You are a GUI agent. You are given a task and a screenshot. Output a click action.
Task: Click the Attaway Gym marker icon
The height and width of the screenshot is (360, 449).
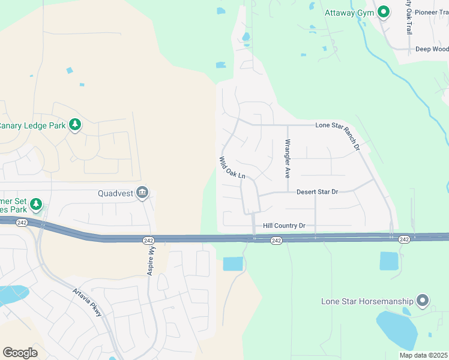[x=383, y=12]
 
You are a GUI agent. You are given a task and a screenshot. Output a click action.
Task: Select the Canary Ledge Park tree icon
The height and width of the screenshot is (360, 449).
[x=75, y=125]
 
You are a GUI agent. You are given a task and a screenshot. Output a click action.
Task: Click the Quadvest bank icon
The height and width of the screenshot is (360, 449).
[x=143, y=193]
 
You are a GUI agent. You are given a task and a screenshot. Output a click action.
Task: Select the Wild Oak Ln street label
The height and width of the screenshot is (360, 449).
[x=232, y=168]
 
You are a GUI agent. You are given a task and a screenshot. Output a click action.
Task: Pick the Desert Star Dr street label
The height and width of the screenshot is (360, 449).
[x=318, y=191]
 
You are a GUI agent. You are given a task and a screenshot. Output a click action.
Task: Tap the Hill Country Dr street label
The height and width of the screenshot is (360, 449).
[x=284, y=226]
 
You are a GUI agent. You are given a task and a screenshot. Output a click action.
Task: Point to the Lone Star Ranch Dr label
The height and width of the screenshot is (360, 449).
[x=339, y=135]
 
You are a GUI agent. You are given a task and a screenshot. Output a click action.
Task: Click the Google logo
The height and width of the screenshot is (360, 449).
[x=20, y=353]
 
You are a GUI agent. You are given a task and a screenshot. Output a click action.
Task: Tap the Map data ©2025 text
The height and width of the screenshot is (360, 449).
[x=423, y=355]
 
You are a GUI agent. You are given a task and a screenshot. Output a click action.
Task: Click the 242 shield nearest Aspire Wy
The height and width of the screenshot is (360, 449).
[x=149, y=240]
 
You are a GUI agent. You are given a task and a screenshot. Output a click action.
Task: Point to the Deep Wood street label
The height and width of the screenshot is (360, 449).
[x=432, y=49]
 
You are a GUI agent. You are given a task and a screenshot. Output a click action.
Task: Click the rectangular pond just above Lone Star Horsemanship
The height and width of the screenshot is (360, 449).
[x=389, y=261]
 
